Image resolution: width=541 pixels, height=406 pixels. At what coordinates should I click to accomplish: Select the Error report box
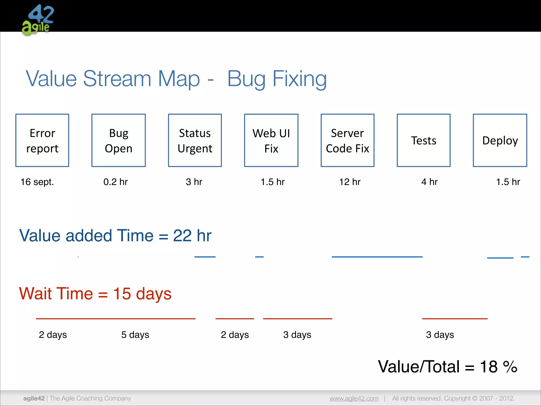[42, 140]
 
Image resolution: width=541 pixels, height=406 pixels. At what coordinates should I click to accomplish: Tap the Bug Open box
[119, 140]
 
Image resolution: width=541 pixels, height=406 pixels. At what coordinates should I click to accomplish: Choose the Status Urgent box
[195, 140]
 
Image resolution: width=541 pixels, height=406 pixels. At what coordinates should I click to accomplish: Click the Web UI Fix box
[271, 140]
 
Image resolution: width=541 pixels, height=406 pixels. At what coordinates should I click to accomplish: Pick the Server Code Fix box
[348, 140]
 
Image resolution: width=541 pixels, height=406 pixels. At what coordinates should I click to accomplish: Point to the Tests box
[424, 140]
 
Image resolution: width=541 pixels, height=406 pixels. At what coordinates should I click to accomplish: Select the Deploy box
[500, 140]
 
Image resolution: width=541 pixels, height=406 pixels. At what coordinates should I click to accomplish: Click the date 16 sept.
[37, 182]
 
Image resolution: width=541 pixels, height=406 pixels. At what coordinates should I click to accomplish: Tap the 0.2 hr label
[115, 182]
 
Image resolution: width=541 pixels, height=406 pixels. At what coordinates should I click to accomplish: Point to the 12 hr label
[350, 182]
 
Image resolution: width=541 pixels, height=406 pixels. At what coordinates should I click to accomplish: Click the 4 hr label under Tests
[430, 182]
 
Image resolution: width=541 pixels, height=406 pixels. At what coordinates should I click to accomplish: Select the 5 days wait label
[135, 335]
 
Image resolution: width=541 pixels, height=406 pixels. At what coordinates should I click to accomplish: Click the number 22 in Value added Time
[182, 236]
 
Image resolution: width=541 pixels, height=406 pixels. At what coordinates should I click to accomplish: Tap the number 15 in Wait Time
[122, 294]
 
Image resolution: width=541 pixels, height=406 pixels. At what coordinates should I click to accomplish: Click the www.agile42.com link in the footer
[354, 398]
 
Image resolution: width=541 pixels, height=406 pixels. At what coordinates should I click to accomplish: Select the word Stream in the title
[117, 79]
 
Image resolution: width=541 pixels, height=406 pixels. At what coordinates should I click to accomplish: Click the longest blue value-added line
[377, 257]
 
